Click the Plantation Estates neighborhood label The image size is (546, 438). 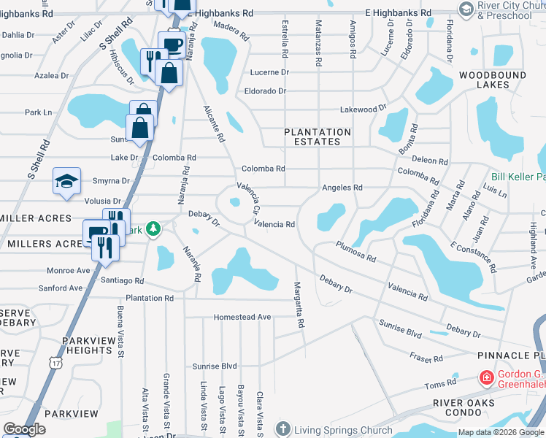318,137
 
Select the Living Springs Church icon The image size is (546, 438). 283,428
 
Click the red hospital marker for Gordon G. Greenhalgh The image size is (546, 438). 485,377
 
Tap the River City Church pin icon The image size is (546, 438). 466,8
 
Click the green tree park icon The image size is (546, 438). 153,230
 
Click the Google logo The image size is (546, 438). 24,429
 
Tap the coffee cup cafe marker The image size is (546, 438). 172,44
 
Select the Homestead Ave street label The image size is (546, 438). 242,318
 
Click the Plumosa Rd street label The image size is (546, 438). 355,252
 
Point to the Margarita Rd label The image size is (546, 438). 298,304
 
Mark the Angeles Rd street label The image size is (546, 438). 342,188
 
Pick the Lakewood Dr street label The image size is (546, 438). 363,109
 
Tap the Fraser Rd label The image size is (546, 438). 426,358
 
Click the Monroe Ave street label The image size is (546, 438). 68,270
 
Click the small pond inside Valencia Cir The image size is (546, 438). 235,203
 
